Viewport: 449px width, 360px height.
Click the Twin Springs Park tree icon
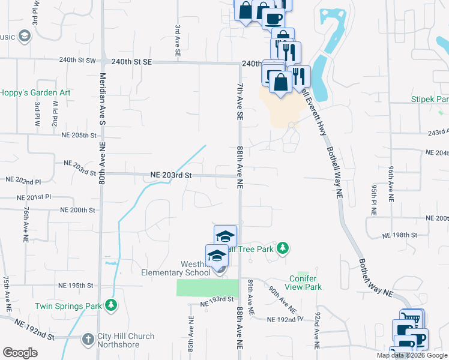(110, 306)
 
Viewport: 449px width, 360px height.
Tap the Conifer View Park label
(306, 283)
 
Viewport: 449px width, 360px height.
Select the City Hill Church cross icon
(88, 338)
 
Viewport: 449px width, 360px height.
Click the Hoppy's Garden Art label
(35, 92)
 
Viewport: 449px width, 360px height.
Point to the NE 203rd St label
(170, 175)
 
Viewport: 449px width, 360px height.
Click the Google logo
(20, 352)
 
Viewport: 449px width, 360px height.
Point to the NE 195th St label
(76, 285)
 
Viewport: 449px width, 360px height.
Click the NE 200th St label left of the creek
(78, 210)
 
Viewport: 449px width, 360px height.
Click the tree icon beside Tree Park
(282, 248)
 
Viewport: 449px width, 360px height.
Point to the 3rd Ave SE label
(178, 41)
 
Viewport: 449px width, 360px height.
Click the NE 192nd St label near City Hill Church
(34, 337)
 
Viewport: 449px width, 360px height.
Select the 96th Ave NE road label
(391, 181)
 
